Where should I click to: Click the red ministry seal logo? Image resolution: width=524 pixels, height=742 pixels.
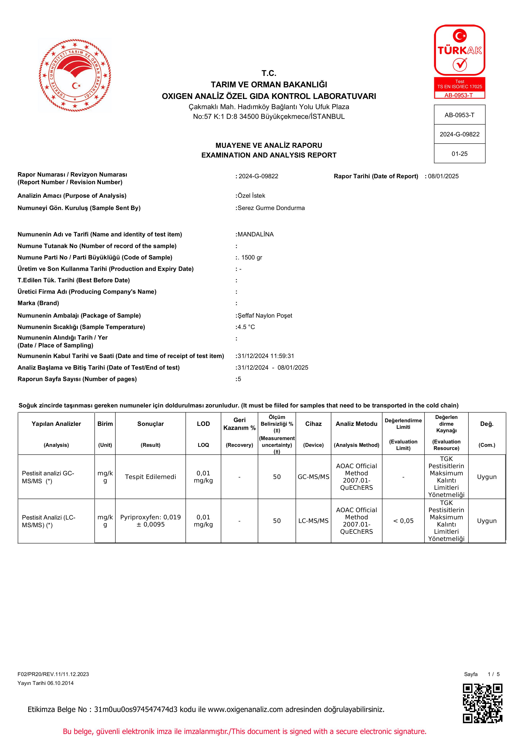coord(75,75)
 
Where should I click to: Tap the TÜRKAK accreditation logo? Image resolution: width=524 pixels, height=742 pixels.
coord(459,61)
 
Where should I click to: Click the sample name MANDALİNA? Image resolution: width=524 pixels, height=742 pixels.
coord(255,234)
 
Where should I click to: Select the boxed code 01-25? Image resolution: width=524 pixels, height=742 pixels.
coord(459,154)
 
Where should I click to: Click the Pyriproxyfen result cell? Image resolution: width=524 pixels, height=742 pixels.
coord(150,521)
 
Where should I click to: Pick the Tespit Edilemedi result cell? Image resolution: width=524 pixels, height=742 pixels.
coord(150,477)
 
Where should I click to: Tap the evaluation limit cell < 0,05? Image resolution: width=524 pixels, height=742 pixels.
coord(403,521)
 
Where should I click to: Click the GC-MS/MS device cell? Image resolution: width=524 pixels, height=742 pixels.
coord(313,477)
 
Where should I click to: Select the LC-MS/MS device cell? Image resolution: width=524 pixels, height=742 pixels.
coord(313,521)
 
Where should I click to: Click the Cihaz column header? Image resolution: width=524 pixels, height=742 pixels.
coord(313,424)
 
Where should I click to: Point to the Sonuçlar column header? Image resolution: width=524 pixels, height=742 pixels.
coord(150,424)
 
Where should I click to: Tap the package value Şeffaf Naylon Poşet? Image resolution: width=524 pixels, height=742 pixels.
coord(265,315)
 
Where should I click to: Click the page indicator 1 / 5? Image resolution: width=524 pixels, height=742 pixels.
coord(494,674)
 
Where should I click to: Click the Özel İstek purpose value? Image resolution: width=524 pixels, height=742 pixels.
coord(251,196)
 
